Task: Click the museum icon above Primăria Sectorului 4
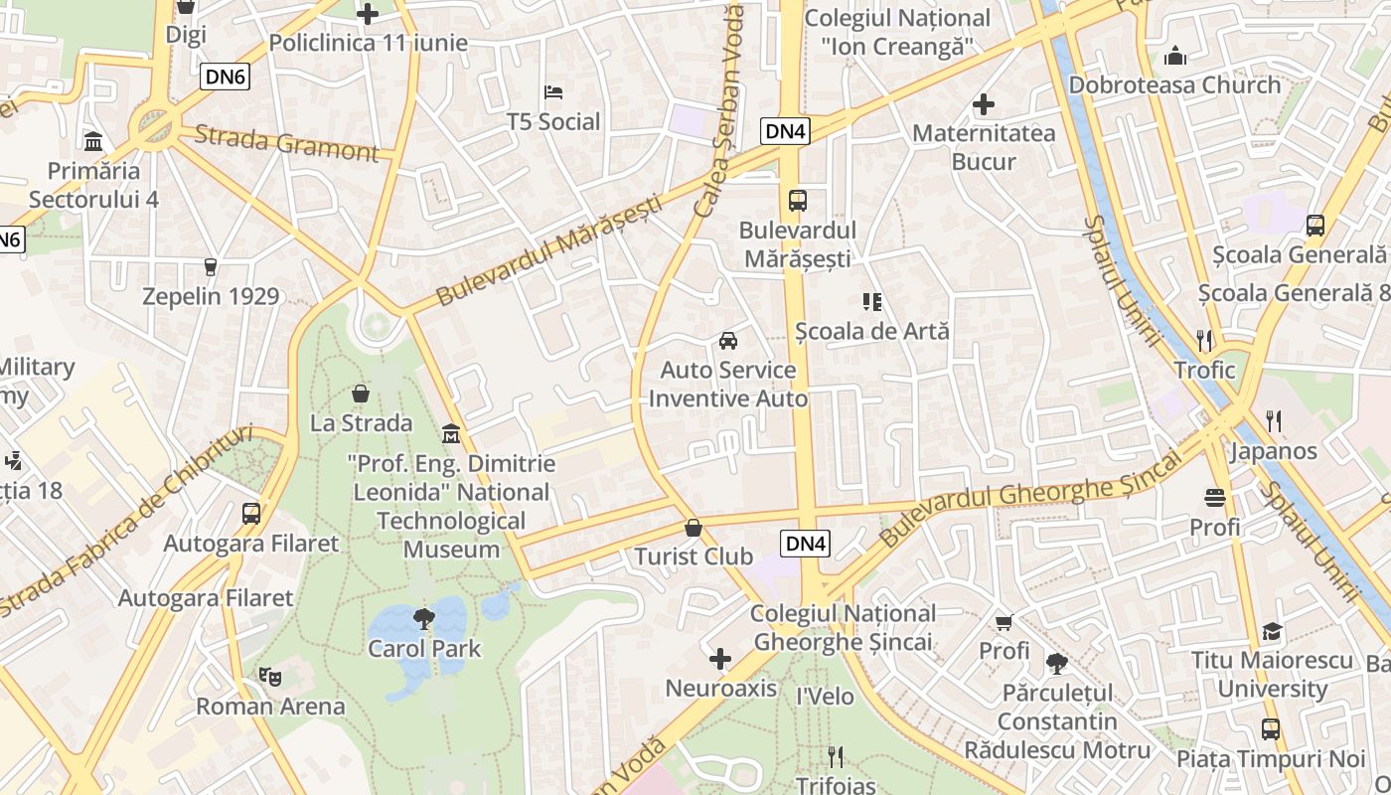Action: [x=94, y=141]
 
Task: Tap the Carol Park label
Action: [x=424, y=649]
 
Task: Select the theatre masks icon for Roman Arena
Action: [x=269, y=677]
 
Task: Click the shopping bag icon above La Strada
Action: [x=361, y=394]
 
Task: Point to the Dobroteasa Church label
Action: [x=1174, y=85]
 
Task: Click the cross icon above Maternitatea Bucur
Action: [x=984, y=104]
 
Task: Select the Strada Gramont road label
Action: [x=286, y=142]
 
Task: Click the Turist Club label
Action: [x=694, y=556]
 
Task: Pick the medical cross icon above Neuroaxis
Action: [x=720, y=659]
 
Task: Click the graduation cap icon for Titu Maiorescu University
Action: [x=1272, y=632]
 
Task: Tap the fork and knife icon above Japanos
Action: [x=1274, y=421]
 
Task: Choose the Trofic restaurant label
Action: [x=1204, y=371]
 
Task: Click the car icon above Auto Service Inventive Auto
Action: [x=728, y=341]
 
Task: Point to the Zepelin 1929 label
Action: [x=211, y=296]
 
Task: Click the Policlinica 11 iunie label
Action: [x=368, y=44]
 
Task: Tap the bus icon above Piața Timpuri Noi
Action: [x=1271, y=729]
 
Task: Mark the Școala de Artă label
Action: [x=872, y=331]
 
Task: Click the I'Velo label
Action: [x=825, y=697]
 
